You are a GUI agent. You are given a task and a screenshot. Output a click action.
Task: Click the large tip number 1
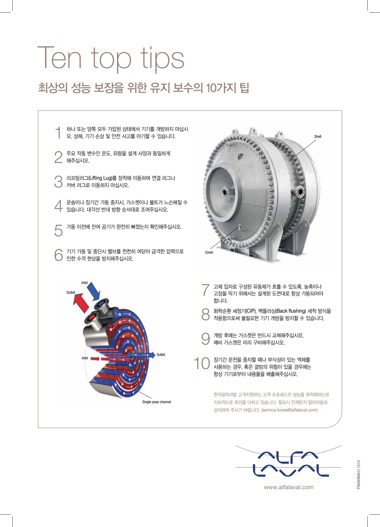click(58, 133)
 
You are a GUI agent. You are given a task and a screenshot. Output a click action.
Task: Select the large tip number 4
click(58, 206)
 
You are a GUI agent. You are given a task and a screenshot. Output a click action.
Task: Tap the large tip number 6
click(58, 255)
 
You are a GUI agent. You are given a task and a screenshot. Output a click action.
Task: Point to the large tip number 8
click(206, 314)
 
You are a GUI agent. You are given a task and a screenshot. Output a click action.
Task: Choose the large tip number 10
click(202, 363)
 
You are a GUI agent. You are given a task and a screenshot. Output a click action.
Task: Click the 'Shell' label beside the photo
click(318, 137)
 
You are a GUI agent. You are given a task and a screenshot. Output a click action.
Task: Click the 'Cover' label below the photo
click(209, 252)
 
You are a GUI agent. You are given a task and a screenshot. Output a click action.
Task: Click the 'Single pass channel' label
click(156, 402)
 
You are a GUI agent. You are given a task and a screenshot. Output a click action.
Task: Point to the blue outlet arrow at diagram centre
click(143, 355)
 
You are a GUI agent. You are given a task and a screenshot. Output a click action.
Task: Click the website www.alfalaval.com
click(289, 487)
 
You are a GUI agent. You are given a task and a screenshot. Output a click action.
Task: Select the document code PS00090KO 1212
click(359, 475)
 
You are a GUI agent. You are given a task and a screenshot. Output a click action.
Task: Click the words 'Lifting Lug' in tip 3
click(100, 178)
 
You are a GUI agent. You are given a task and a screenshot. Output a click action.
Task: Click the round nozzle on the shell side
click(300, 191)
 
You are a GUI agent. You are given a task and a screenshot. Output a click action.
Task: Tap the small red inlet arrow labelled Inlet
click(95, 358)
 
